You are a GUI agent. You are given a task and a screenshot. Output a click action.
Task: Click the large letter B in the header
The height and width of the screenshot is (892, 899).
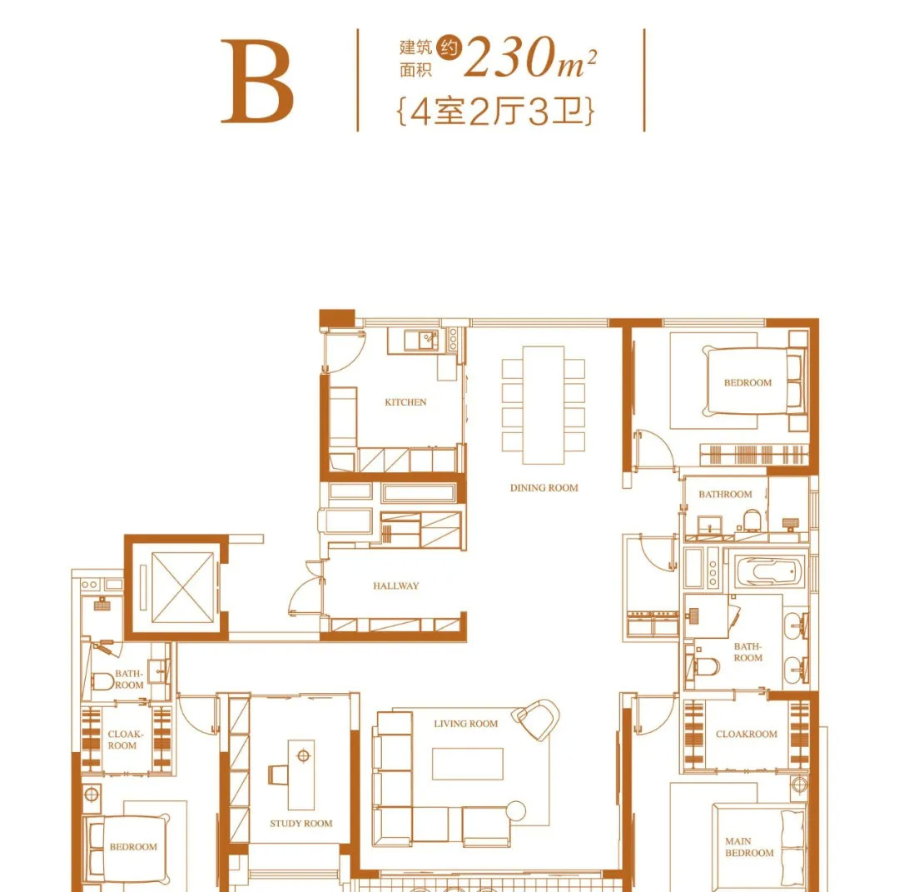point(258,81)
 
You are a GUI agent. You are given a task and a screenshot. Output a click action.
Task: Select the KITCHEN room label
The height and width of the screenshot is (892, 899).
point(405,402)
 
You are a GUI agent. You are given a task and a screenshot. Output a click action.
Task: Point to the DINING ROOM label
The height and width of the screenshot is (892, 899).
point(544,487)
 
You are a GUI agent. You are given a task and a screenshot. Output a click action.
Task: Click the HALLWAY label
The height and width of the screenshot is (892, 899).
point(395,586)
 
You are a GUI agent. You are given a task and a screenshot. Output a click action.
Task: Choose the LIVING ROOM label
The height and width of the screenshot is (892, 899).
point(465,724)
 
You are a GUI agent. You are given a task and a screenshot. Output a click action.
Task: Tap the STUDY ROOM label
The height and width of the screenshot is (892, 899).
point(301,823)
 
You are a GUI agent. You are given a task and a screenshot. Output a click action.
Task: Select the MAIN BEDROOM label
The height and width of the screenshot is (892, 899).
point(749,847)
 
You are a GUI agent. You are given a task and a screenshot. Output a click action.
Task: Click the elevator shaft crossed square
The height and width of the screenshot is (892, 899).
point(183,587)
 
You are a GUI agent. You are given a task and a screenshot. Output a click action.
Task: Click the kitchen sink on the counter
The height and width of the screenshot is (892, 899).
point(421,341)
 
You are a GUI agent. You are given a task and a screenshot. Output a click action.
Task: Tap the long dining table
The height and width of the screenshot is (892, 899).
point(544,405)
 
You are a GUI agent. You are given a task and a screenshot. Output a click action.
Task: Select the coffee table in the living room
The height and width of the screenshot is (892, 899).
point(467,764)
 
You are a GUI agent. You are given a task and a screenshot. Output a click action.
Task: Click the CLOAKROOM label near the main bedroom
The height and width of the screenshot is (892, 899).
point(747,734)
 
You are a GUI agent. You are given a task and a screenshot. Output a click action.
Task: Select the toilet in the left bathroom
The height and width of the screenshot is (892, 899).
point(103,681)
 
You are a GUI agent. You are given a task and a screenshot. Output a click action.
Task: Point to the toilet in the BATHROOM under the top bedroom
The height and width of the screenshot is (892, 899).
point(752,521)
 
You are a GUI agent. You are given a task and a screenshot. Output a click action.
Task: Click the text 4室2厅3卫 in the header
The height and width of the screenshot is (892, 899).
point(496,112)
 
